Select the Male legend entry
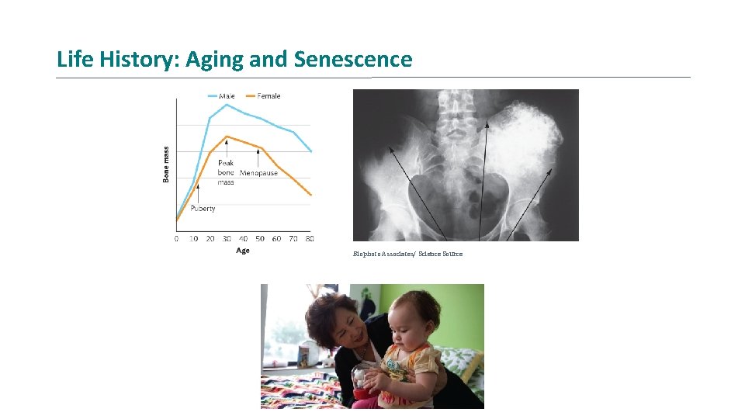[x=227, y=96]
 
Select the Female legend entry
[x=268, y=96]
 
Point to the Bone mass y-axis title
[x=165, y=164]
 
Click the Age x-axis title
[x=243, y=251]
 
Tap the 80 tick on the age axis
[x=310, y=239]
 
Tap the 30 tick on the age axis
[x=227, y=239]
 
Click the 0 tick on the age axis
[x=176, y=239]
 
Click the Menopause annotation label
[x=258, y=173]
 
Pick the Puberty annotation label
[x=202, y=208]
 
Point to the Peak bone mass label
[x=226, y=172]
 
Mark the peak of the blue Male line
[x=227, y=104]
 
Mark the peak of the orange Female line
[x=227, y=137]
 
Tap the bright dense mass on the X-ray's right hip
[x=532, y=132]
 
